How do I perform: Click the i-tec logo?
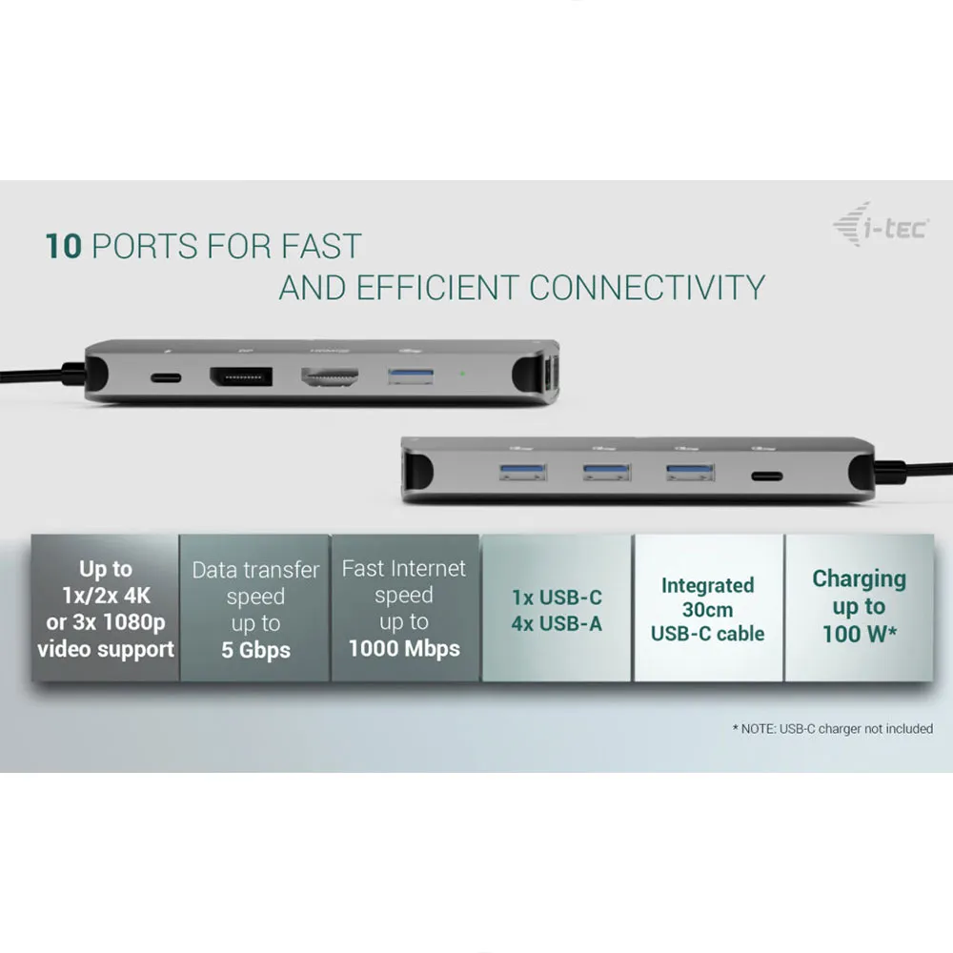point(881,225)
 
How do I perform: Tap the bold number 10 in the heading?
point(63,246)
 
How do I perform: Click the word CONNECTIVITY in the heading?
point(647,288)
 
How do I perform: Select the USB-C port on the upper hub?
point(166,378)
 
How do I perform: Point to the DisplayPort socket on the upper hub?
point(241,376)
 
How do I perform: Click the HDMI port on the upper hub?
point(330,376)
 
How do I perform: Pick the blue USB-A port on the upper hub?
point(411,376)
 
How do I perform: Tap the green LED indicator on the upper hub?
point(462,374)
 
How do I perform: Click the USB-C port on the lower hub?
point(767,476)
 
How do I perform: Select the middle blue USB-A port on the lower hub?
point(606,473)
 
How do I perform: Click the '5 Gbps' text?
point(255,650)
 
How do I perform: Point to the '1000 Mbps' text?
point(404,648)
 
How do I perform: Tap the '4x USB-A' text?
point(557,623)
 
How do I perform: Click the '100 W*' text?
point(860,634)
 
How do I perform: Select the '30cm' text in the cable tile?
point(707,609)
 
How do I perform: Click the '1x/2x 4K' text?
point(106,596)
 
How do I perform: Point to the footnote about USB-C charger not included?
point(833,729)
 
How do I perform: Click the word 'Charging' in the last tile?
point(860,579)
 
